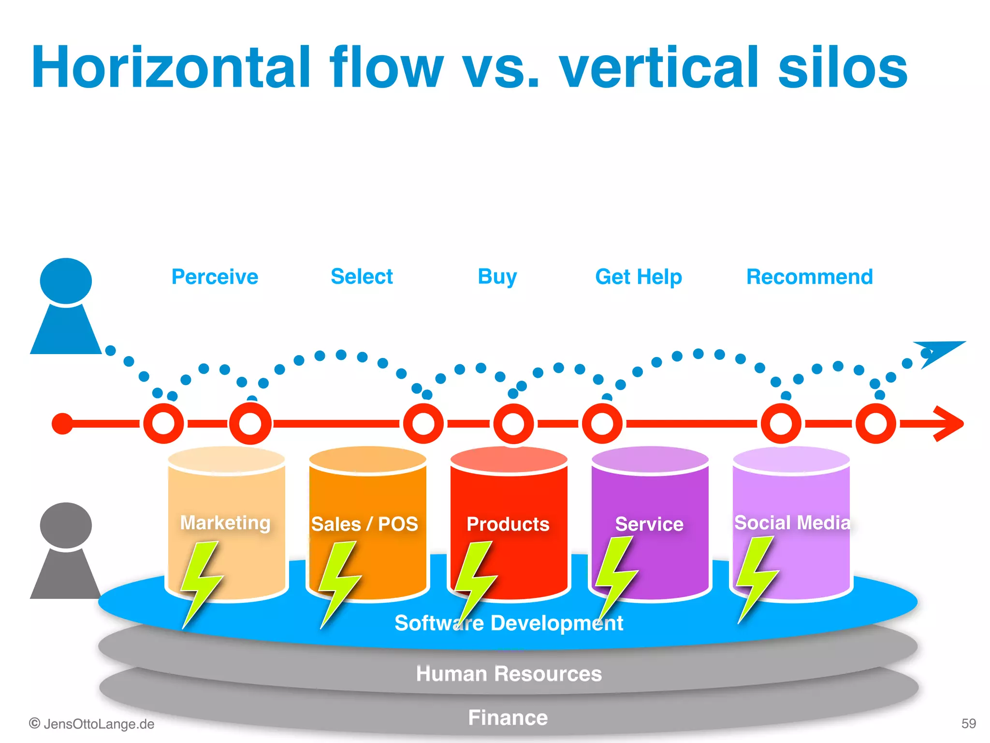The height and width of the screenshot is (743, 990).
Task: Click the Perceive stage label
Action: (x=215, y=277)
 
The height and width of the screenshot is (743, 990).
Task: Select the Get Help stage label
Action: (x=638, y=277)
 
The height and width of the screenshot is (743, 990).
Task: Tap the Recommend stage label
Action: (x=809, y=277)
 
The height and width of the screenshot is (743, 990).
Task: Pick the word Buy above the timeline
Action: (x=497, y=277)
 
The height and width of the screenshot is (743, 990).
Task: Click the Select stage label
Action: (x=362, y=277)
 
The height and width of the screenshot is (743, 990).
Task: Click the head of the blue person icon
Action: (x=66, y=281)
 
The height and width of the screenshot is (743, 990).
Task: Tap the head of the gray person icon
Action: (x=66, y=525)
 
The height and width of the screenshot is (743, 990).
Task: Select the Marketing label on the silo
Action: (x=225, y=523)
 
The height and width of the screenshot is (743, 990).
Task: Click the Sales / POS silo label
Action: (x=364, y=524)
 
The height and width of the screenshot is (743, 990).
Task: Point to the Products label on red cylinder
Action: (x=508, y=524)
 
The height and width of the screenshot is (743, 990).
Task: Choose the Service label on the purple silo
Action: (x=649, y=524)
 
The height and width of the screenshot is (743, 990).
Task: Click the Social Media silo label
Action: (x=792, y=522)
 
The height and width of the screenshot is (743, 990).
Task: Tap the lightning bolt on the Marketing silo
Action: (x=201, y=580)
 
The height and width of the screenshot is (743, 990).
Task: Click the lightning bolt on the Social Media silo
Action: (x=755, y=576)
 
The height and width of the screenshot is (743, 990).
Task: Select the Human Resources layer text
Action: (x=509, y=673)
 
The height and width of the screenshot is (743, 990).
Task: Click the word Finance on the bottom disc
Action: (x=508, y=717)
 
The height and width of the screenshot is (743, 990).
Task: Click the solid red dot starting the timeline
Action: (x=62, y=424)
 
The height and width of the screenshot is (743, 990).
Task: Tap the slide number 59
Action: (x=968, y=723)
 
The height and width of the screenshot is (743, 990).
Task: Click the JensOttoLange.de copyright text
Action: (x=92, y=724)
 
